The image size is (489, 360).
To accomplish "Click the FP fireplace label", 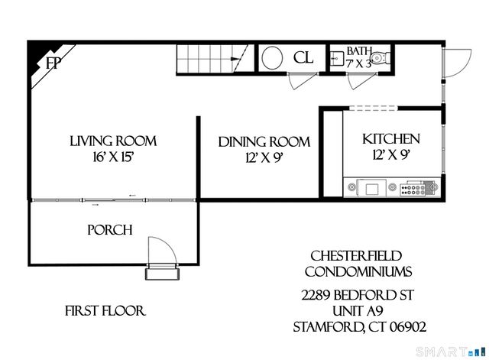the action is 53,63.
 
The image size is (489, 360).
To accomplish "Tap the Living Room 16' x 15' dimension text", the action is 113,157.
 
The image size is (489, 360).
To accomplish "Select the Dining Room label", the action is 264,142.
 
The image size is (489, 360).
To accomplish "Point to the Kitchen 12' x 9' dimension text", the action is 390,154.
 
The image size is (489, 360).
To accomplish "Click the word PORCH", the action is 110,230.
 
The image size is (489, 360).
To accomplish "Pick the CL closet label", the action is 303,58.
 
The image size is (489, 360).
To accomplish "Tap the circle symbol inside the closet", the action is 272,58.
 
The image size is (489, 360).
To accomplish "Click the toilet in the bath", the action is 381,58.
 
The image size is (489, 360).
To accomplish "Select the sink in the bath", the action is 337,58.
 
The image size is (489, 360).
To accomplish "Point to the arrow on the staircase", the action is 235,59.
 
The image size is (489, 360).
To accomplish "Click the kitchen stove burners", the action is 413,190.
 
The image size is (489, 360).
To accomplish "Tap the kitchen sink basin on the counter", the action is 372,189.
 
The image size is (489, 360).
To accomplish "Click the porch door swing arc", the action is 168,246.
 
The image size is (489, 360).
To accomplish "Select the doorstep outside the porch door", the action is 162,274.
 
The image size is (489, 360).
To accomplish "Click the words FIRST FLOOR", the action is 105,311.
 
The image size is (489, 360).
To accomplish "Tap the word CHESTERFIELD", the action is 356,256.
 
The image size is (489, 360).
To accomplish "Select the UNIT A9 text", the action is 358,311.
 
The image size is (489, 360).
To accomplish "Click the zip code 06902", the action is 408,327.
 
